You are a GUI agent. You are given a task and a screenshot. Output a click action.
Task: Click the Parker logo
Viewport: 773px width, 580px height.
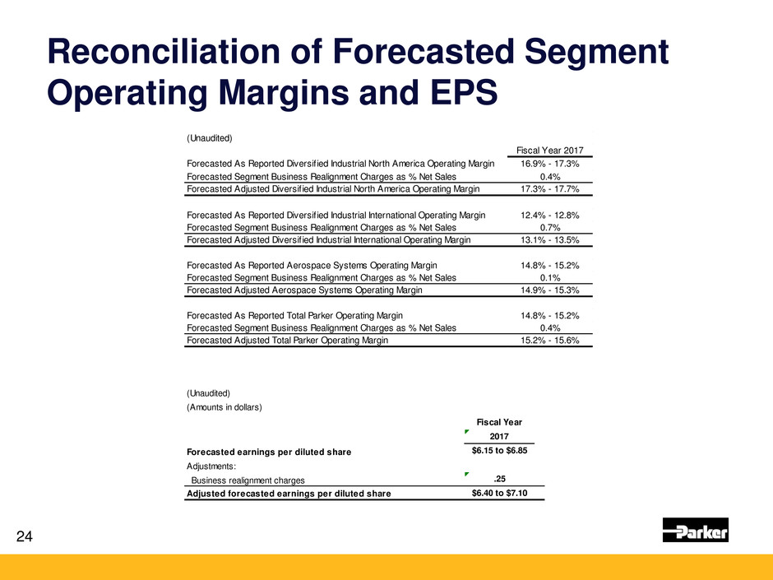[x=695, y=530]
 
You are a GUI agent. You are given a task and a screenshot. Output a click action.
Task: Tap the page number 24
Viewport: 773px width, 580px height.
[x=24, y=536]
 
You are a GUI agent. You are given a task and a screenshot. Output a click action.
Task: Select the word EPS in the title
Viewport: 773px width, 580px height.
[x=464, y=92]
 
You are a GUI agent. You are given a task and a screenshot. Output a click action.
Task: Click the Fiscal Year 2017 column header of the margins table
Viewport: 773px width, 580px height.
[x=549, y=151]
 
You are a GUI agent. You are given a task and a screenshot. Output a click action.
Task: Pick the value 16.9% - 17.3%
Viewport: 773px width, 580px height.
[x=549, y=164]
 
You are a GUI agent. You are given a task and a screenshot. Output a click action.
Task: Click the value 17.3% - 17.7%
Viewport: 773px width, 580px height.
[x=549, y=189]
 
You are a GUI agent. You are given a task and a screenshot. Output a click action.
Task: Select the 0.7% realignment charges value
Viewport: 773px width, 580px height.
[x=550, y=228]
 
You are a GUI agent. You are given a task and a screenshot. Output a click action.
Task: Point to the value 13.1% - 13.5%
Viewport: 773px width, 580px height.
[x=549, y=240]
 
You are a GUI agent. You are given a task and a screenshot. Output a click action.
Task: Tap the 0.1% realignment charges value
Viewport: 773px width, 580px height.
[x=550, y=278]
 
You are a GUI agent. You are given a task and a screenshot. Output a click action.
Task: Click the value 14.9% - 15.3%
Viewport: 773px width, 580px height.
[x=549, y=290]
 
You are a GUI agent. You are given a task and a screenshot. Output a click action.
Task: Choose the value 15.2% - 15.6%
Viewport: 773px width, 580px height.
[x=549, y=341]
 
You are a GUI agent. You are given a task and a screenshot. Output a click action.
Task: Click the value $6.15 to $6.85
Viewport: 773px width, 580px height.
[x=499, y=451]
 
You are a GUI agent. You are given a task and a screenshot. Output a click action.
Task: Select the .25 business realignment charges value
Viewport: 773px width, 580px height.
[x=499, y=479]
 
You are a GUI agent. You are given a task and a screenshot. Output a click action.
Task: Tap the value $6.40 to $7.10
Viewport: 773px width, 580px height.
[x=499, y=493]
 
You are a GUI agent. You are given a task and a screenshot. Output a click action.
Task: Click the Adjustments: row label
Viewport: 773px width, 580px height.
[x=211, y=466]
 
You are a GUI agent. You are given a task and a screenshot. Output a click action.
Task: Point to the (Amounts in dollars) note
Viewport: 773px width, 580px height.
[x=224, y=407]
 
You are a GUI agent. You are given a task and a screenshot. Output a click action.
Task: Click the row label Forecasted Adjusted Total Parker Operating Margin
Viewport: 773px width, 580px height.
[x=288, y=341]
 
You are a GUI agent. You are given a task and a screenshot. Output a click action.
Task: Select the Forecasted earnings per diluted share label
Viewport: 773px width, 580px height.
[x=269, y=452]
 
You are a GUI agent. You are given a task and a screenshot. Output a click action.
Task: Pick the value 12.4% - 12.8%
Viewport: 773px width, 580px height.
[x=549, y=216]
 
